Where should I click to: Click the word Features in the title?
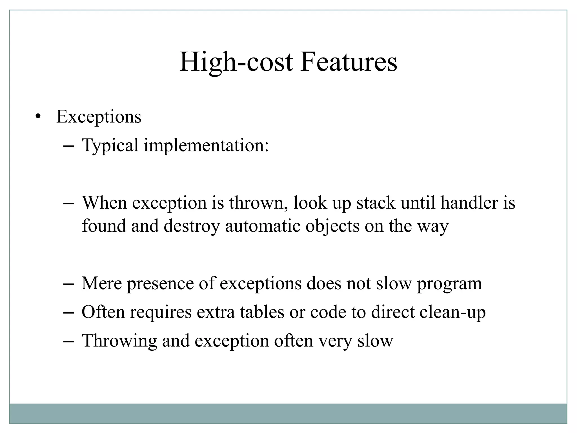[348, 62]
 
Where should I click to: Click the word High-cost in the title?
[236, 62]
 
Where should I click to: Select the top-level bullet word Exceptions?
[99, 117]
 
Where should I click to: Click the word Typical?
[110, 146]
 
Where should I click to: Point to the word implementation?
[206, 146]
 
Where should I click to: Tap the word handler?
[469, 203]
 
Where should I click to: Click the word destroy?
[191, 226]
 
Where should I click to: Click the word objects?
[332, 226]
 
